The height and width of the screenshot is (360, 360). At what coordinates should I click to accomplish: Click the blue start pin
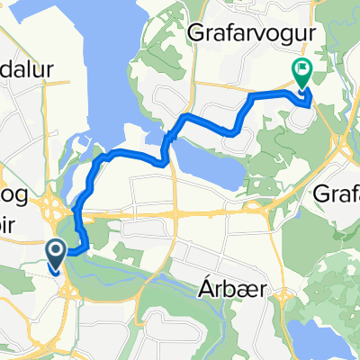coord(55,255)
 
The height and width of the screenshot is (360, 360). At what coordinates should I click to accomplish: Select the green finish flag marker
coord(301,71)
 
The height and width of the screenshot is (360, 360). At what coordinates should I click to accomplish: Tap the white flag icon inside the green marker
coord(301,67)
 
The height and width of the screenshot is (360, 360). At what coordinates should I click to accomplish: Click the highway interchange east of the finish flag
coord(341,135)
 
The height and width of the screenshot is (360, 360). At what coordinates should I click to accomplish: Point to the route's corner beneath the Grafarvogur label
coord(249,94)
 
